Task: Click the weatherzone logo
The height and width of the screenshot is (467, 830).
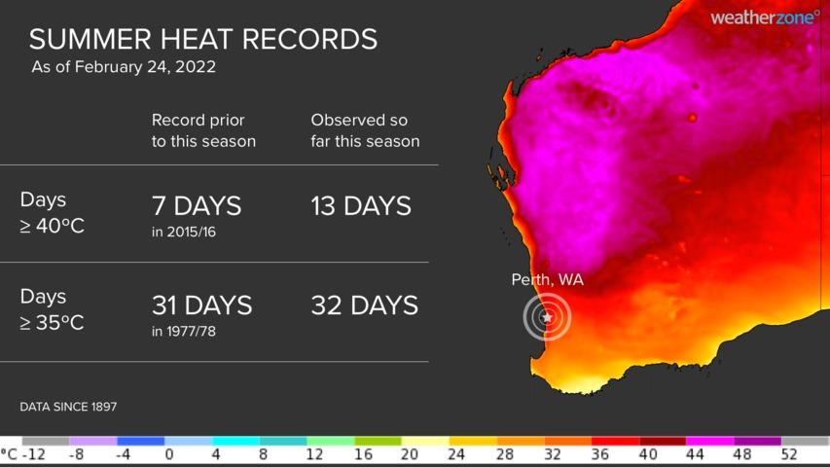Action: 764,17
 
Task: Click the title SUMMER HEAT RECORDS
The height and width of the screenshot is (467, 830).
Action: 202,39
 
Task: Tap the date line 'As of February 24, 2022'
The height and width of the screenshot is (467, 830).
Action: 124,67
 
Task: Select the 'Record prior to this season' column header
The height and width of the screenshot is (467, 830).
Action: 203,130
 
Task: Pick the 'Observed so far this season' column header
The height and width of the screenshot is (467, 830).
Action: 365,130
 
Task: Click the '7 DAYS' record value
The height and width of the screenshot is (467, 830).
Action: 196,206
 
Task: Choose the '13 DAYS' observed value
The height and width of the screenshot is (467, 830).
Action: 360,206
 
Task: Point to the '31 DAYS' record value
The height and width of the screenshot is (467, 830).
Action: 201,305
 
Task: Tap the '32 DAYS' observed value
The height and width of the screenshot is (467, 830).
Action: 364,305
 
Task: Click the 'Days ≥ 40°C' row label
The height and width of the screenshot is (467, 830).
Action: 51,212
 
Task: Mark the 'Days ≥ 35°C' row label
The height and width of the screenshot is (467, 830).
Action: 51,309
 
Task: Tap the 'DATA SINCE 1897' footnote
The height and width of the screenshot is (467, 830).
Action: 68,406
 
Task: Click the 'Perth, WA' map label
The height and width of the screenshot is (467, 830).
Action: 547,280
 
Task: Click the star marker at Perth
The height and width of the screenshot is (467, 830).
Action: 547,317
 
